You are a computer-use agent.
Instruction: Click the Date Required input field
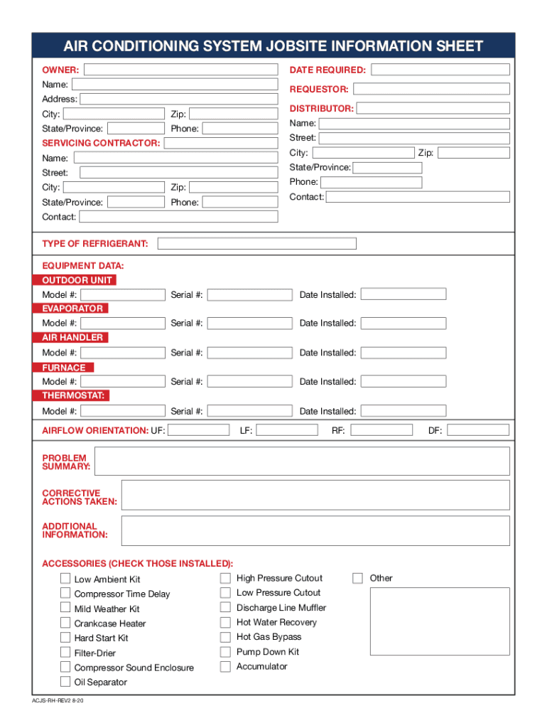tap(440, 70)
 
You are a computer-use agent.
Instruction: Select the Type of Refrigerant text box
tap(256, 244)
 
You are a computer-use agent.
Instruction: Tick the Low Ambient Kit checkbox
tap(65, 579)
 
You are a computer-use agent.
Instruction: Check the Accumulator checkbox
tap(225, 667)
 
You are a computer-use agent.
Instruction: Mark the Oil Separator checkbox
tap(65, 682)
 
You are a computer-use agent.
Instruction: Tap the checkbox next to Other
tap(358, 578)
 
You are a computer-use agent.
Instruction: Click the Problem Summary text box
tap(302, 461)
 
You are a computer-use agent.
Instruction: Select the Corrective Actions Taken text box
tap(315, 495)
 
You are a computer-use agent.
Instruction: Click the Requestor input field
tap(431, 90)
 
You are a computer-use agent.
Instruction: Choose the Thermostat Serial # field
tap(249, 411)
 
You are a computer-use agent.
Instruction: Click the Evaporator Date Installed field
tap(404, 323)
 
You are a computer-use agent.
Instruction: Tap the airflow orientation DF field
tap(477, 430)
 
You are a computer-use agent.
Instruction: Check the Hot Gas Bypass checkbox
tap(225, 637)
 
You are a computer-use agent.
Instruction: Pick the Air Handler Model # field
tap(122, 353)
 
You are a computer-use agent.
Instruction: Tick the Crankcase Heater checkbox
tap(65, 623)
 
